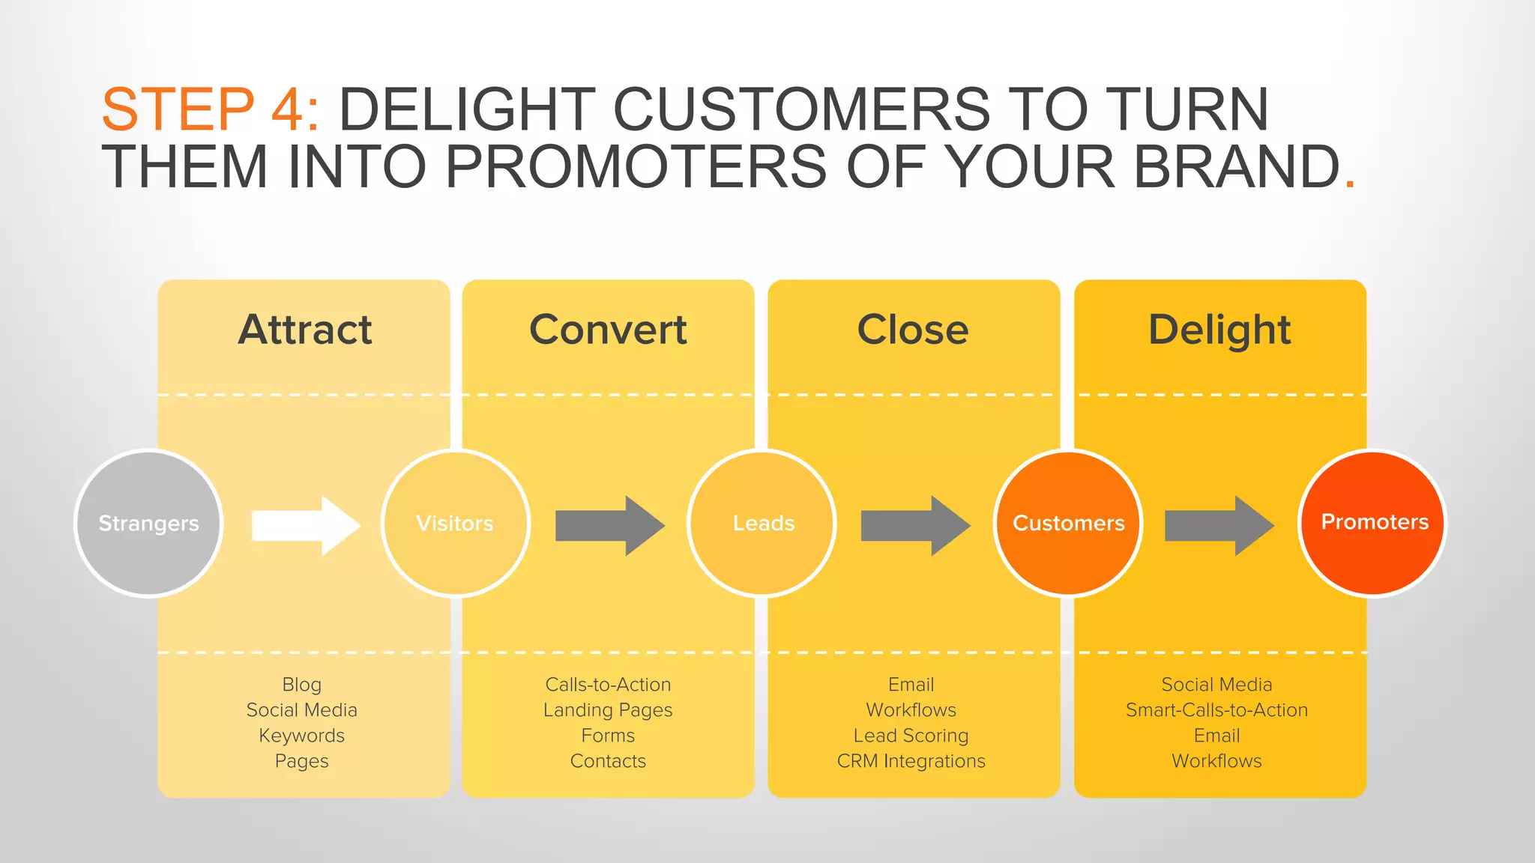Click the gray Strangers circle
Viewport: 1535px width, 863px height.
[x=148, y=523]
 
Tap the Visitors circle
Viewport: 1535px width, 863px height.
[x=455, y=523]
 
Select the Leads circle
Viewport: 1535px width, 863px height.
[x=762, y=523]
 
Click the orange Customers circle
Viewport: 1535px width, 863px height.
[x=1068, y=523]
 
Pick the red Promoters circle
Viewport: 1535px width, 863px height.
[x=1373, y=523]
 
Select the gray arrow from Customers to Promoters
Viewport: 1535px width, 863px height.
[x=1219, y=525]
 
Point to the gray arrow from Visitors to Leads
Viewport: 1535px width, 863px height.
[x=609, y=525]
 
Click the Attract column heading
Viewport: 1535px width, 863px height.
[x=305, y=330]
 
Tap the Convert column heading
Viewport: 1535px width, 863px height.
[x=608, y=330]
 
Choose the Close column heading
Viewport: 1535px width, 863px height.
[x=913, y=330]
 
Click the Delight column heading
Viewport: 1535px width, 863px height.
[x=1219, y=330]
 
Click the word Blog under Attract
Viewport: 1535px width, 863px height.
[x=302, y=685]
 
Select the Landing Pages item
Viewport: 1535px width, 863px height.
[x=608, y=710]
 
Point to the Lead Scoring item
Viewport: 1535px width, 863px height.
[x=911, y=736]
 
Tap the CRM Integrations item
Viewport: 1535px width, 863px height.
[x=911, y=761]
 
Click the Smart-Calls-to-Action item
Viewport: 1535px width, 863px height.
[x=1216, y=710]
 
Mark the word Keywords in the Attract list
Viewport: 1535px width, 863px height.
[x=302, y=736]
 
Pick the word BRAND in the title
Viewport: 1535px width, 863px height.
[x=1237, y=166]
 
